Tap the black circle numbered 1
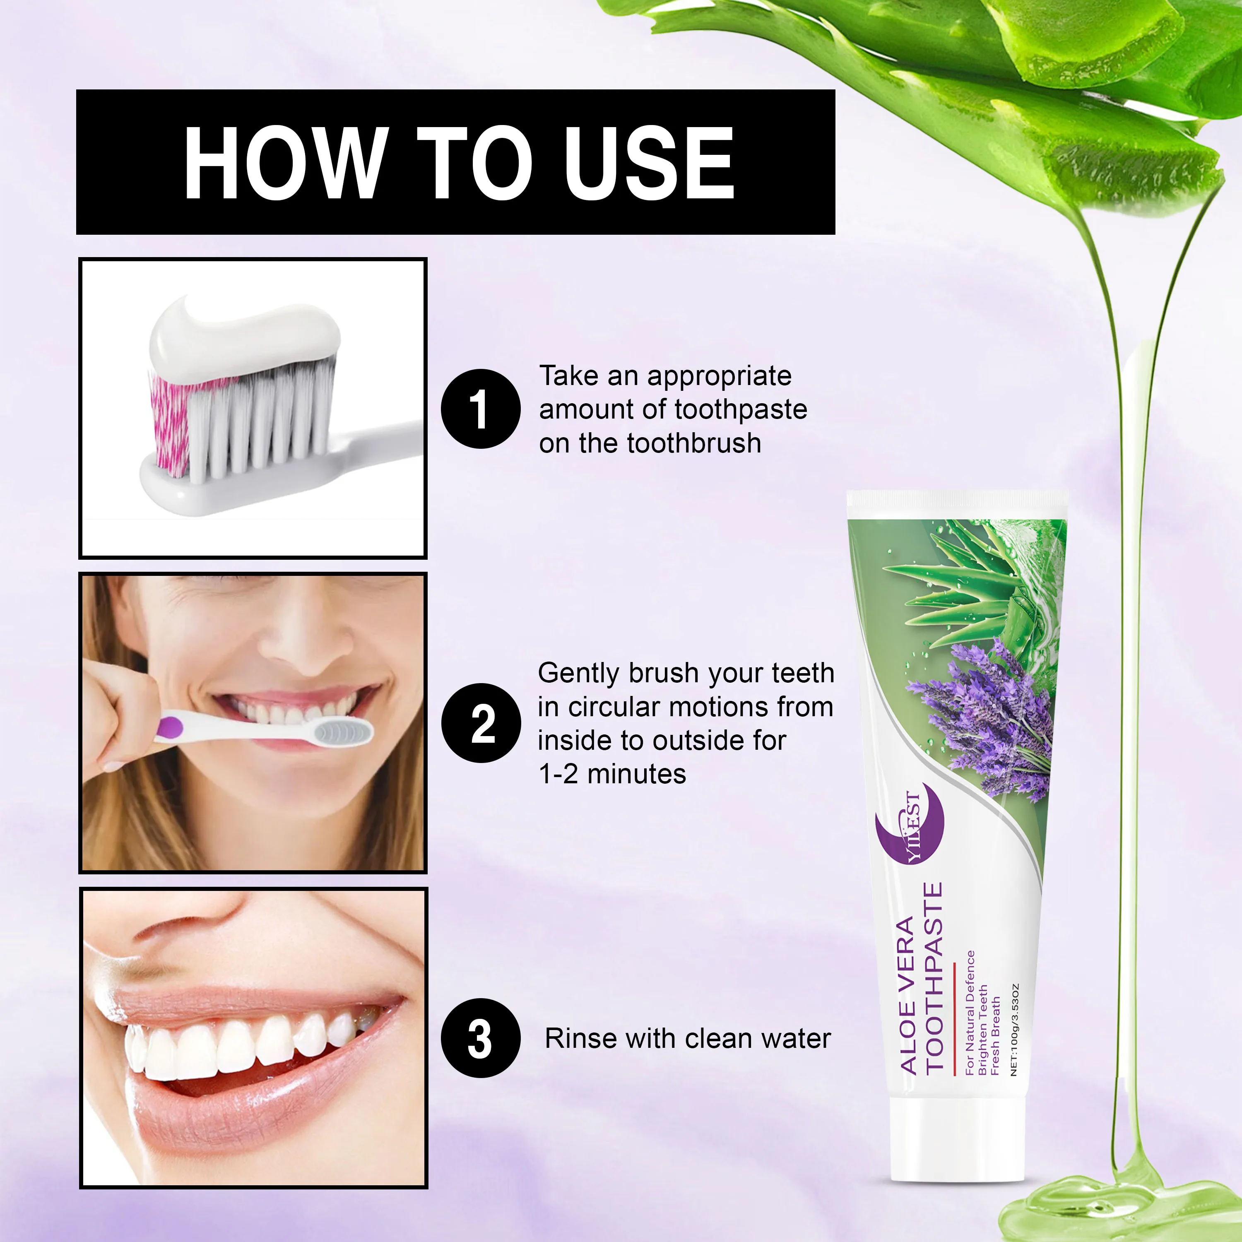480,409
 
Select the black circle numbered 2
480,723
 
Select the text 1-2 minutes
612,774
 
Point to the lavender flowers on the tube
990,714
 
